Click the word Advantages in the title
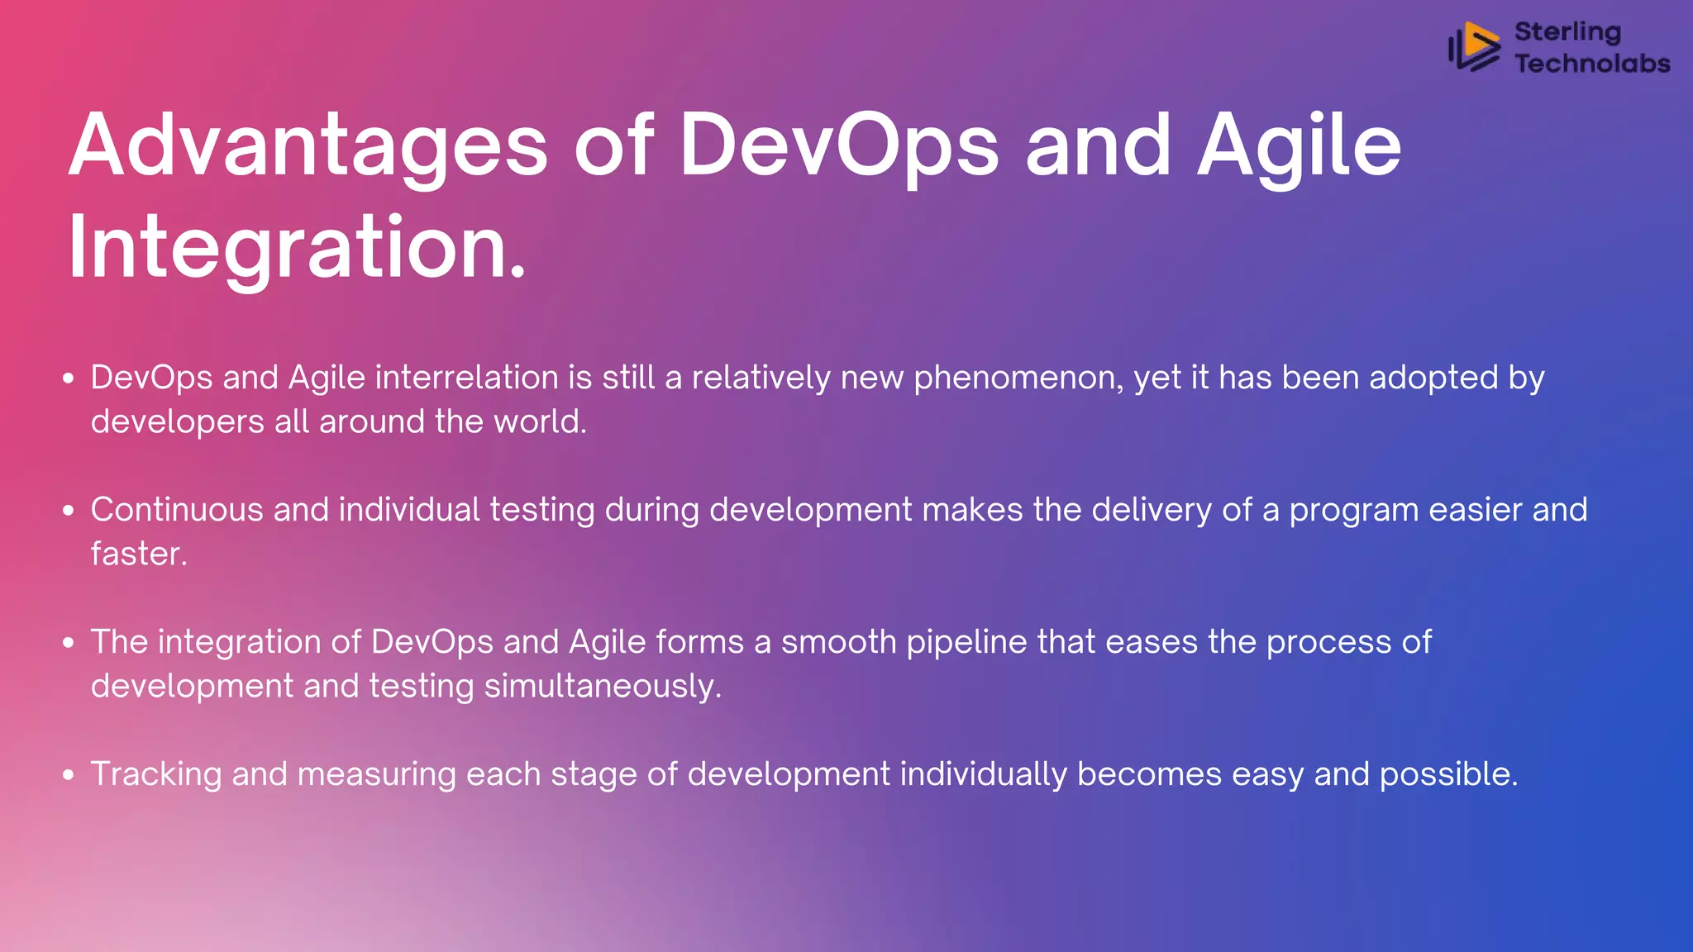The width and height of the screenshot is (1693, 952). point(308,146)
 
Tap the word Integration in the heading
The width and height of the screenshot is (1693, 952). point(296,248)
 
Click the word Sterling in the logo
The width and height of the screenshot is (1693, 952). point(1567,31)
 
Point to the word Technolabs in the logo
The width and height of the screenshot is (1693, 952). point(1592,63)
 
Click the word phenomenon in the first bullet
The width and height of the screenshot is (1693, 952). point(1018,378)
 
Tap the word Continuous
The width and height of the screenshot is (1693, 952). point(177,510)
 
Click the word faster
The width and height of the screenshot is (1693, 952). point(137,554)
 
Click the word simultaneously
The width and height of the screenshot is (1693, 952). point(602,687)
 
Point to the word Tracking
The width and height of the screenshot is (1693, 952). point(156,775)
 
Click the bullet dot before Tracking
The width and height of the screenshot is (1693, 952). point(69,775)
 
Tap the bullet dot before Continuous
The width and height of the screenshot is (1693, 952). point(69,511)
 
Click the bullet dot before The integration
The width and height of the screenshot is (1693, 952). point(69,643)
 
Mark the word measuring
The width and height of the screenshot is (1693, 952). point(376,775)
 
